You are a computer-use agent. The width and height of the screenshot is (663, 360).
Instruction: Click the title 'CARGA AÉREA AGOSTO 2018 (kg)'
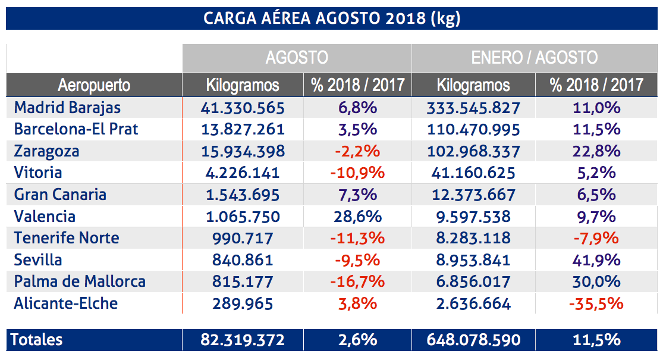tap(331, 18)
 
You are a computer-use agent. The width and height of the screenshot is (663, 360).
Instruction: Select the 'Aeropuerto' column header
tap(94, 85)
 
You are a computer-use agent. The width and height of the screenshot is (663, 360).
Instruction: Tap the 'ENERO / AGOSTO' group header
tap(534, 58)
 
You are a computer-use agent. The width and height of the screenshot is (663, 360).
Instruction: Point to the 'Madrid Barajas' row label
tap(67, 108)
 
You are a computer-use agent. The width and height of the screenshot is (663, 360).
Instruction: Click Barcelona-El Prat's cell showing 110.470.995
tap(473, 129)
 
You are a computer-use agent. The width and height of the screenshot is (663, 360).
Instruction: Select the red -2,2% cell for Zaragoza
tap(357, 151)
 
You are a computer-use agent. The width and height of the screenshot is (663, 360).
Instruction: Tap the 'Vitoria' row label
tap(38, 173)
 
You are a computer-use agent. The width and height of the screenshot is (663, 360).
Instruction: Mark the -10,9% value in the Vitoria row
tap(357, 173)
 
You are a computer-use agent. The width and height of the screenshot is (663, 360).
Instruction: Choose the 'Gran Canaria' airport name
tap(60, 195)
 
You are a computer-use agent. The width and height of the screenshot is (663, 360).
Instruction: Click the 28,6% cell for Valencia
tap(357, 216)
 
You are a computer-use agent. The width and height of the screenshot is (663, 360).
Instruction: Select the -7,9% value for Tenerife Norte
tap(596, 238)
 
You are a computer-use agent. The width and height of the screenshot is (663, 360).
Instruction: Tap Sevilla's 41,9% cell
tap(596, 260)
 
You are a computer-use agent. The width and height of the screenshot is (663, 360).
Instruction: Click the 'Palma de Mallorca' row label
tap(80, 281)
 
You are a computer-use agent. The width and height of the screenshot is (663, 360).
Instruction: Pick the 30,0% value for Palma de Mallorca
tap(596, 281)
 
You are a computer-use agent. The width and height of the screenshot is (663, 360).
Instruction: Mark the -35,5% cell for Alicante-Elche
tap(596, 303)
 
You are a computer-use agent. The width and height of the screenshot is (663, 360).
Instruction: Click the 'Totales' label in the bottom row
tap(37, 340)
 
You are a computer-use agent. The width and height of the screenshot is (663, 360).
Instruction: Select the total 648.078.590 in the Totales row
tap(473, 340)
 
